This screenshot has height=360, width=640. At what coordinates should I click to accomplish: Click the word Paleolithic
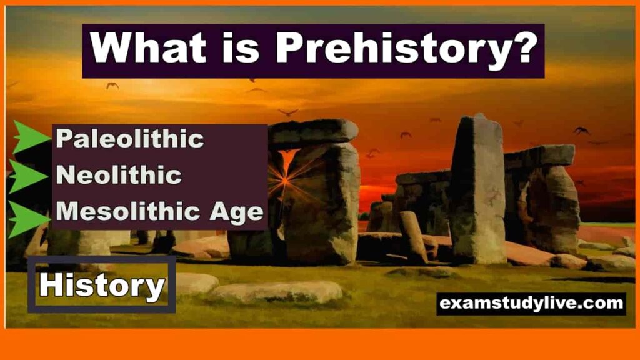[x=130, y=139]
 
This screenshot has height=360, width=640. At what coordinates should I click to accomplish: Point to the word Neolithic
[x=119, y=175]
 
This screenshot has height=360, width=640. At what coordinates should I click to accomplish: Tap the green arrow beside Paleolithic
[x=31, y=137]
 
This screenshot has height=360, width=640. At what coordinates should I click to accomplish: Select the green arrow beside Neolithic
[x=28, y=176]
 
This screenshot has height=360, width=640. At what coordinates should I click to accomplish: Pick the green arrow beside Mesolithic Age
[x=29, y=219]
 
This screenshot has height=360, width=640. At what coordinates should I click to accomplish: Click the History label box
[x=102, y=284]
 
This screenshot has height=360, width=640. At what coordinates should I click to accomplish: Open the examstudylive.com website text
[x=531, y=304]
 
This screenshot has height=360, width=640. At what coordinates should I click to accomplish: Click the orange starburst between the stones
[x=285, y=178]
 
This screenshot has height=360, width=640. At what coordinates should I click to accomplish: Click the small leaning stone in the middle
[x=413, y=237]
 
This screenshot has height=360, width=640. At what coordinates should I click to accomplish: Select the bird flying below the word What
[x=112, y=86]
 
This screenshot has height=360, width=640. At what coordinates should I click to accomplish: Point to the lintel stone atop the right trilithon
[x=539, y=156]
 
